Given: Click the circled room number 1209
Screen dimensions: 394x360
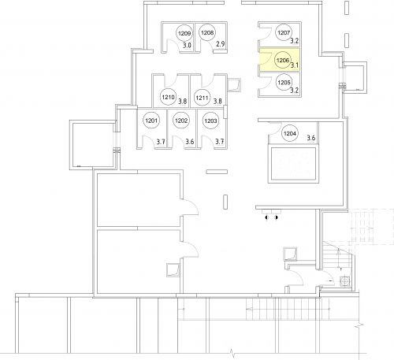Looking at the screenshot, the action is (184, 33).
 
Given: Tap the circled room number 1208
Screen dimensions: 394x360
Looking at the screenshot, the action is (207, 33).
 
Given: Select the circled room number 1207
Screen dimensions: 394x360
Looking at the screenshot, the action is (284, 32).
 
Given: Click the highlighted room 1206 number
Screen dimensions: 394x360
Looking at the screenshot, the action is (283, 61).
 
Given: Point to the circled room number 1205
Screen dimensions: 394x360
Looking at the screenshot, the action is (284, 83).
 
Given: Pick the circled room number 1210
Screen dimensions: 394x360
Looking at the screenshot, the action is (168, 97).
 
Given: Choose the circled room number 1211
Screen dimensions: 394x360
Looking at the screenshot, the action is (202, 98).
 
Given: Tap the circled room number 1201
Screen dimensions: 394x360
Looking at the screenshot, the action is (151, 121).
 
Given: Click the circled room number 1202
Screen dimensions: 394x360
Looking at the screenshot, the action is (181, 121).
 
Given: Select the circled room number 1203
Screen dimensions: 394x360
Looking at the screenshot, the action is (210, 121).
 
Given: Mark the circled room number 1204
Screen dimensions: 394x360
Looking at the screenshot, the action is (290, 134).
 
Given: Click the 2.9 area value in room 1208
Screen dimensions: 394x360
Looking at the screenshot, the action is (221, 44).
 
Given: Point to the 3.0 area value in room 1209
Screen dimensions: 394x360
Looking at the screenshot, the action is (187, 45).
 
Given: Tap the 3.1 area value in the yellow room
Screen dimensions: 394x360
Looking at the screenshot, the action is (295, 65).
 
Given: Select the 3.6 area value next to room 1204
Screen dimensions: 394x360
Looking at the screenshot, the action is (311, 138).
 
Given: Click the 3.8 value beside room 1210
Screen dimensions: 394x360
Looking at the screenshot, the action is (183, 101).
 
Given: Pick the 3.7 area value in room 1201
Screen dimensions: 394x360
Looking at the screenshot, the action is (161, 142).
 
